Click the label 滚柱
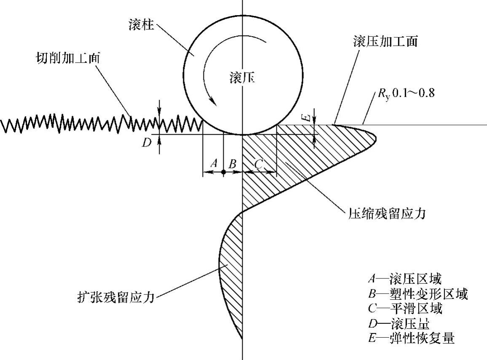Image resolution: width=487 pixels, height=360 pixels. pos(140,26)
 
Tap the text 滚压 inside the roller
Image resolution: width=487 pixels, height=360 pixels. pos(242,78)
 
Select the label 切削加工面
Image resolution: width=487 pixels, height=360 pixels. pos(67,58)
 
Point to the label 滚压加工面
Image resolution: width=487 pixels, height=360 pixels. pos(385,42)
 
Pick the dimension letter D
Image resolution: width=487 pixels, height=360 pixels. pos(146,143)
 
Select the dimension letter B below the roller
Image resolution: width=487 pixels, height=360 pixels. pos(232,164)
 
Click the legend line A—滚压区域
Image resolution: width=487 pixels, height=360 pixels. pos(405,279)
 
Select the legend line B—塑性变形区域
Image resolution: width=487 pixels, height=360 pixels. pos(417,294)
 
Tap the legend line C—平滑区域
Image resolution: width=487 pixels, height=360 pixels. pos(405,309)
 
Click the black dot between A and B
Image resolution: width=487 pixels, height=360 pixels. pos(223,172)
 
